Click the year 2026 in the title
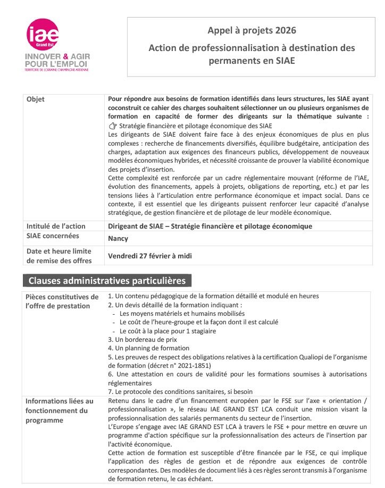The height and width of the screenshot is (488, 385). tap(285, 30)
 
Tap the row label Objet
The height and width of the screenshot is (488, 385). tap(36, 99)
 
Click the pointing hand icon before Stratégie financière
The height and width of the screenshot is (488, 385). tap(112, 126)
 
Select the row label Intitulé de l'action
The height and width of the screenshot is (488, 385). tap(53, 226)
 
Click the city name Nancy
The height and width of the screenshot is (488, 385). tap(118, 239)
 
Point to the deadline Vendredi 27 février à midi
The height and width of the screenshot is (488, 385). tap(150, 256)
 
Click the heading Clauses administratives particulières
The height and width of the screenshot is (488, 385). tap(107, 281)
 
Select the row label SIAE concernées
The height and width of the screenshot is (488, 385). tap(53, 236)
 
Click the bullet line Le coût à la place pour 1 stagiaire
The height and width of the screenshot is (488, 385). tap(168, 331)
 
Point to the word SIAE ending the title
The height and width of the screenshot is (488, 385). tap(284, 61)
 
